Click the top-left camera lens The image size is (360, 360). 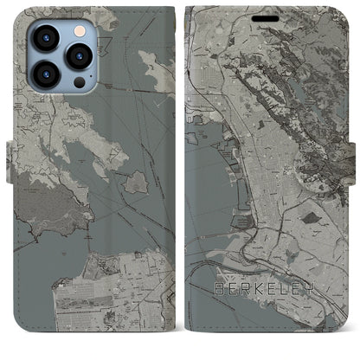pos(46,35)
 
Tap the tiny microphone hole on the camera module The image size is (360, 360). pos(62,53)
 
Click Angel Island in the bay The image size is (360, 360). pos(135,182)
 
